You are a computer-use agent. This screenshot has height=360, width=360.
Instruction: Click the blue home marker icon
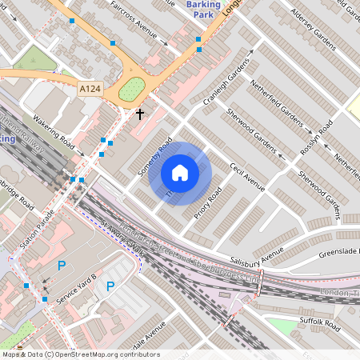180,173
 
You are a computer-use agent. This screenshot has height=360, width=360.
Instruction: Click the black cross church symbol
140,114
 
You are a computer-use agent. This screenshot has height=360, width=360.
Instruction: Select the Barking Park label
203,10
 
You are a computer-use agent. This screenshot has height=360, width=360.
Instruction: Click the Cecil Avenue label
246,177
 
